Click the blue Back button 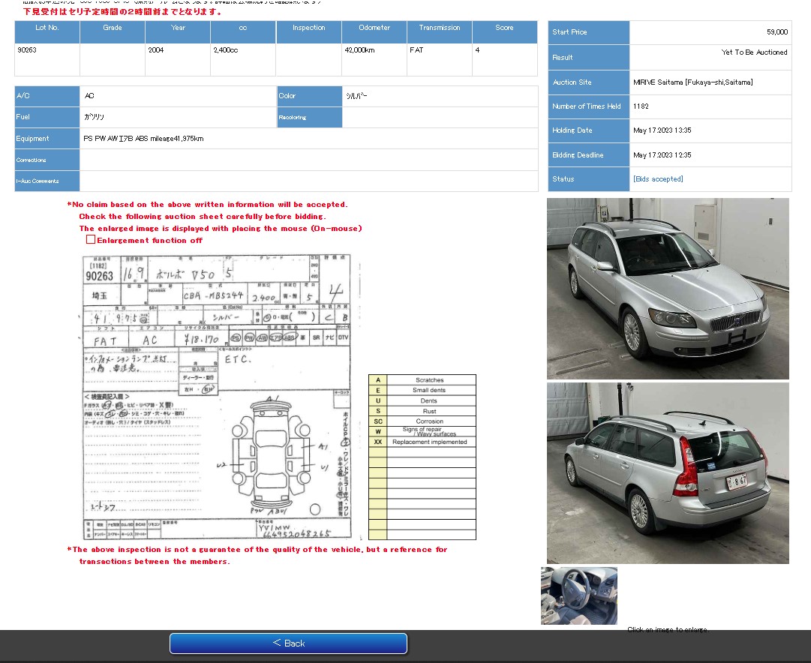(288, 643)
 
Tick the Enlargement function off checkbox (91, 240)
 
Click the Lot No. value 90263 (27, 50)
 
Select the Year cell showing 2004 (157, 50)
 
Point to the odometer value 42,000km (359, 50)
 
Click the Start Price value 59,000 (776, 32)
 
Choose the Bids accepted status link (658, 179)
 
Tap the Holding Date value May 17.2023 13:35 (662, 130)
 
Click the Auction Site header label (572, 82)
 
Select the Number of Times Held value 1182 (641, 106)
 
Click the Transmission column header (440, 28)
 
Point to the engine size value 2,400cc (226, 50)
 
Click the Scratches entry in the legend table (430, 380)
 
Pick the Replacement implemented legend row (430, 442)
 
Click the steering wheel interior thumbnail (579, 595)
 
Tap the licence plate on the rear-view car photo (737, 481)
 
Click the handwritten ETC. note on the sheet (239, 359)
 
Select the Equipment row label (33, 139)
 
